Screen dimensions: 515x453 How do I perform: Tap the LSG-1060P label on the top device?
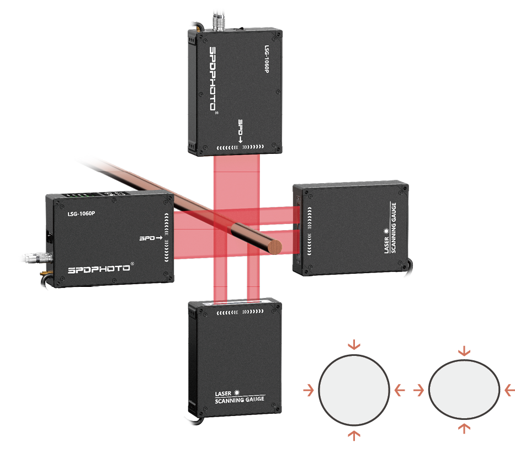(x=267, y=59)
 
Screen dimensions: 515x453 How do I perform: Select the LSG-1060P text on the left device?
(x=81, y=214)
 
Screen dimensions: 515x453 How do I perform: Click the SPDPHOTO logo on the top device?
(x=213, y=79)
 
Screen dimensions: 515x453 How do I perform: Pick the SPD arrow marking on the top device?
(x=241, y=131)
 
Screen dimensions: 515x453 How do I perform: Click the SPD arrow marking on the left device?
(x=151, y=238)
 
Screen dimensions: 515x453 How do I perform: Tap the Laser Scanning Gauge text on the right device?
(x=390, y=228)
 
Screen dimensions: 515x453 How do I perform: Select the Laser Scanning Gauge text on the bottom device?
(x=240, y=397)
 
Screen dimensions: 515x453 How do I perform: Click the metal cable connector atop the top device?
(x=218, y=22)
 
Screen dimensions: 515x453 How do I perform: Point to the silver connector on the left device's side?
(x=38, y=257)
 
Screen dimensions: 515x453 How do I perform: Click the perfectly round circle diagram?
(x=354, y=390)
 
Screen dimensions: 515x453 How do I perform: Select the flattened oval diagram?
(x=464, y=390)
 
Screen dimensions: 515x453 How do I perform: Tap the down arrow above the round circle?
(x=354, y=345)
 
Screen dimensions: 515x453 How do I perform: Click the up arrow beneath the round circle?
(x=354, y=435)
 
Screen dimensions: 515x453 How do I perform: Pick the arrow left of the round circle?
(x=309, y=390)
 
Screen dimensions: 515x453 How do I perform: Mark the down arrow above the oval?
(x=464, y=351)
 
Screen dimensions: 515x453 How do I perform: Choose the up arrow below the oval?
(x=464, y=428)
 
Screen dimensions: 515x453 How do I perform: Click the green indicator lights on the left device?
(x=79, y=195)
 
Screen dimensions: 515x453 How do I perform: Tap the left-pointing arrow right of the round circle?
(x=400, y=390)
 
